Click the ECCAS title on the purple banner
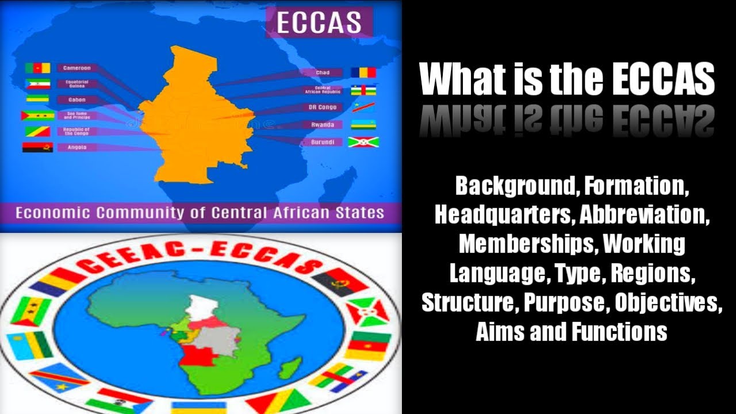point(319,22)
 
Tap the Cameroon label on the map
point(76,68)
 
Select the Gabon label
point(76,99)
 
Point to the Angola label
point(76,147)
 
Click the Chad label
point(323,72)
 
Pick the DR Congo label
point(322,108)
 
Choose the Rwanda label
point(322,125)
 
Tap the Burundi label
point(322,142)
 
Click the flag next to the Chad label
point(364,72)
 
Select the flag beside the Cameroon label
point(38,68)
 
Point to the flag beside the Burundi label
point(363,142)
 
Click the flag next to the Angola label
point(38,147)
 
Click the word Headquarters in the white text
point(504,214)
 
